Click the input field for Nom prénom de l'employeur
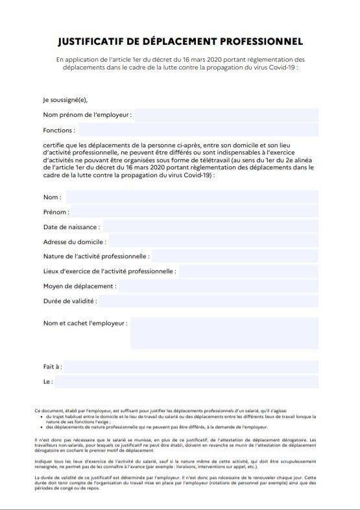click(x=226, y=115)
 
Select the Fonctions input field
click(x=208, y=130)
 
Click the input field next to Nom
click(x=192, y=197)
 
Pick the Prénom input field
click(x=195, y=212)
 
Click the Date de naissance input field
click(x=210, y=227)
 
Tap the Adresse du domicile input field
click(x=214, y=242)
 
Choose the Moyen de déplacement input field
click(x=219, y=286)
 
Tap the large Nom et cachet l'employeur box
click(x=224, y=332)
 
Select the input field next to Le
click(x=187, y=382)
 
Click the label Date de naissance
click(x=71, y=227)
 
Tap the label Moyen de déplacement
click(x=80, y=286)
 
